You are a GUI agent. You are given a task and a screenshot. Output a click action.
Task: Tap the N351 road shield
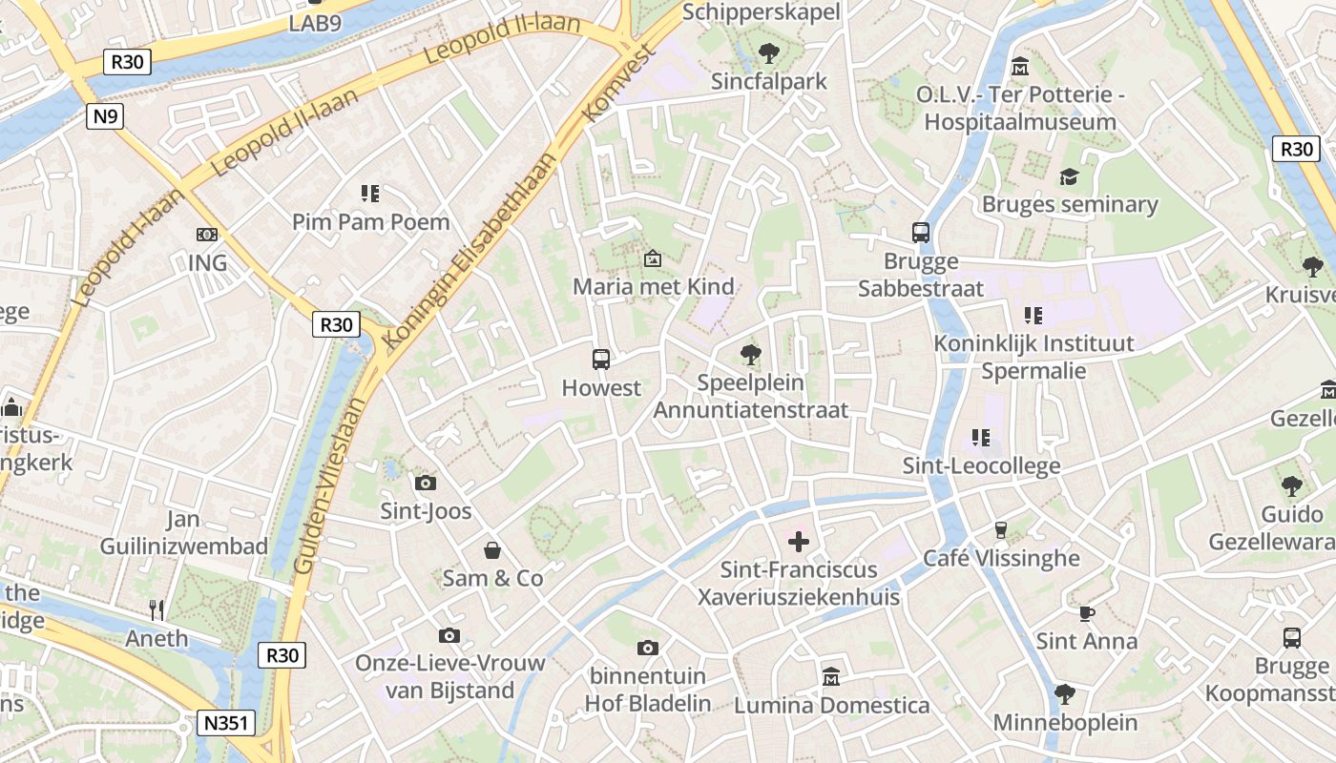pos(227,723)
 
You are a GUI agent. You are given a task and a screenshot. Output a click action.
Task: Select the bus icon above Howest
pos(600,360)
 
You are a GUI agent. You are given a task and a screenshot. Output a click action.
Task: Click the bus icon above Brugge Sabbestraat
pos(920,232)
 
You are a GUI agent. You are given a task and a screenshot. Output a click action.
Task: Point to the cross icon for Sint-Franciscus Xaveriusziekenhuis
pos(798,542)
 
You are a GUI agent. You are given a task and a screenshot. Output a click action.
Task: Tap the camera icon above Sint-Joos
pos(426,483)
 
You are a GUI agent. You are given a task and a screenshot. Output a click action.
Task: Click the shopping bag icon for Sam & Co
pos(492,550)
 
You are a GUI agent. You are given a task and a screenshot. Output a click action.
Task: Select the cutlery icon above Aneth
pos(157,609)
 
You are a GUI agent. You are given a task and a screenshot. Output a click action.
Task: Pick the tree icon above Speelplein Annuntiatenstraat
pos(751,355)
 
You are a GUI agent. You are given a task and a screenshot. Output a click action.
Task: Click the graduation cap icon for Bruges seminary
pos(1069,177)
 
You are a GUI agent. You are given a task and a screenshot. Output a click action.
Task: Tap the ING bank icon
pos(206,235)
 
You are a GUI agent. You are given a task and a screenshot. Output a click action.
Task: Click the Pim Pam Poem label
pos(370,222)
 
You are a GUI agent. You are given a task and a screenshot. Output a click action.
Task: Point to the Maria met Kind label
pos(653,286)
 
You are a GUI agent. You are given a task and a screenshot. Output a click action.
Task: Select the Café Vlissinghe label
pos(1001,558)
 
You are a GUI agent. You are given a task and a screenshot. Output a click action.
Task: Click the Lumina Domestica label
pos(831,706)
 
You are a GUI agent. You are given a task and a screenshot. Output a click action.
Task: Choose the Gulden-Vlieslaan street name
pos(330,486)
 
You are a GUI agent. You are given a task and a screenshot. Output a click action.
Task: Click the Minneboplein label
pos(1065,722)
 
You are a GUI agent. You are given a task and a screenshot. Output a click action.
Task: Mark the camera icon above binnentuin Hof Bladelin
pos(647,649)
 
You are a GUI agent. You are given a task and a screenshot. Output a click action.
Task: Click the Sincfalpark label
pos(768,82)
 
